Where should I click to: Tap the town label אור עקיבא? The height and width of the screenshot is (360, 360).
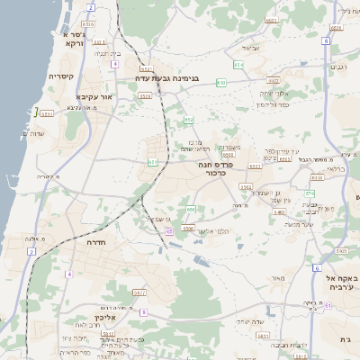(94, 95)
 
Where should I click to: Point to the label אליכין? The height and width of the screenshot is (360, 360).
(106, 318)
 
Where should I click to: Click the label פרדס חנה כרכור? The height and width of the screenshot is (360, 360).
(217, 169)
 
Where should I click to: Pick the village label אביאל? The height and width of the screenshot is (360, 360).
(251, 47)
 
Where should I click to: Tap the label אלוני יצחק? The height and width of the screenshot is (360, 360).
(273, 93)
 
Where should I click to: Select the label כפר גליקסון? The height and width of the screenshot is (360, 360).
(273, 104)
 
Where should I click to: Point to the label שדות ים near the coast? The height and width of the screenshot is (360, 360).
(31, 134)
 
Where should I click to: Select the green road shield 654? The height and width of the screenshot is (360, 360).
(238, 65)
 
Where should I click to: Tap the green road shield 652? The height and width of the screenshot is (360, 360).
(189, 119)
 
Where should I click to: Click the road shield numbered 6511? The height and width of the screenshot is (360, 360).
(47, 114)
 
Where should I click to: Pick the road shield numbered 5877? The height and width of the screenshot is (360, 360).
(139, 292)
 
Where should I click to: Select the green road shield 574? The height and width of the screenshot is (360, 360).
(309, 193)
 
